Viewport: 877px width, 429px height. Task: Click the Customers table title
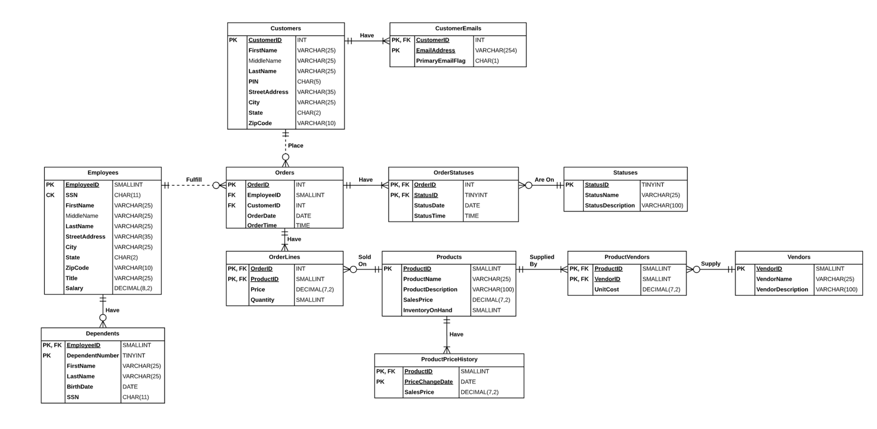tap(285, 28)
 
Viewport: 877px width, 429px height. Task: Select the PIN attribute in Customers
tap(254, 81)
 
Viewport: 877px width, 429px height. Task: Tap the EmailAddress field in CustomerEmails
tap(435, 51)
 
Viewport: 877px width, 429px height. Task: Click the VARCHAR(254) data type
tap(495, 51)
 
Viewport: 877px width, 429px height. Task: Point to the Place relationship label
tap(295, 146)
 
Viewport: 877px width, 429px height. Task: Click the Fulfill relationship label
tap(193, 180)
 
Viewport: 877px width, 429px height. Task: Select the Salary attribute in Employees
tap(74, 288)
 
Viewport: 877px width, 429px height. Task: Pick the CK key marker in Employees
tap(50, 195)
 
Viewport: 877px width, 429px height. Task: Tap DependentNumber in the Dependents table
tap(93, 355)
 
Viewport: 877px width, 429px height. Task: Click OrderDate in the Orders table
tap(261, 216)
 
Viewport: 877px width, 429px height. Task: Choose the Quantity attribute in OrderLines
tap(262, 300)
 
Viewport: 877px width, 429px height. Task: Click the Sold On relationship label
tap(364, 260)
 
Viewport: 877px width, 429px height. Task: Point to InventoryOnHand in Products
tap(427, 310)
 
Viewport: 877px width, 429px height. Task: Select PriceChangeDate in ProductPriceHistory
tap(428, 382)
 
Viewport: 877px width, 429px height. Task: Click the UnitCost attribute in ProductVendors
tap(606, 289)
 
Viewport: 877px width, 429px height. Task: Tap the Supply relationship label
tap(710, 264)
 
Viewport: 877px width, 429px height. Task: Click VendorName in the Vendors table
tap(774, 279)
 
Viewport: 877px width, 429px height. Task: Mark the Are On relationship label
tap(544, 180)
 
